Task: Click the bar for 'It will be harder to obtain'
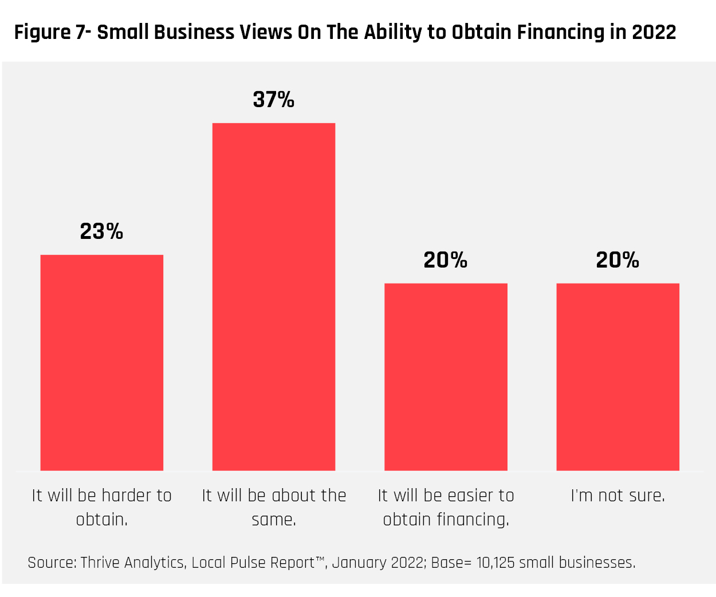[102, 362]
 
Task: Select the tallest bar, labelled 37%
[274, 296]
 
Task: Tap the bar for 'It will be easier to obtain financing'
[446, 376]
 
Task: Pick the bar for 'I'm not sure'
[617, 376]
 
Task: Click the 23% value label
[102, 231]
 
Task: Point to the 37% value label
[274, 100]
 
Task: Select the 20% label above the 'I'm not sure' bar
[617, 260]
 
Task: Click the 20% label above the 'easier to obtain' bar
[446, 260]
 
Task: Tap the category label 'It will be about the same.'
[274, 507]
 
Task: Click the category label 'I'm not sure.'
[617, 496]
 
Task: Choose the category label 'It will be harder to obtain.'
[102, 507]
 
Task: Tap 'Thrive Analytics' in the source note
[132, 563]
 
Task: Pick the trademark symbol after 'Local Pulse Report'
[320, 559]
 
